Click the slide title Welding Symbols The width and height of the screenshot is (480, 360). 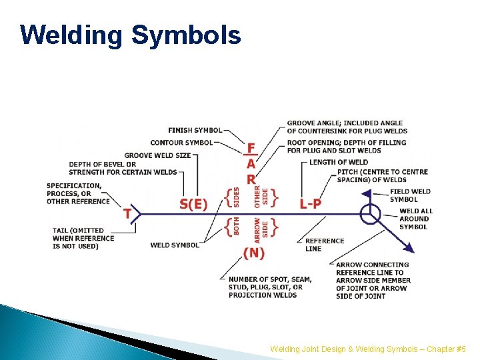point(130,35)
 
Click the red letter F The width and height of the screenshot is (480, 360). point(251,148)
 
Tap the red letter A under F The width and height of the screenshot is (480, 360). point(251,164)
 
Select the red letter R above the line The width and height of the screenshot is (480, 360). point(251,179)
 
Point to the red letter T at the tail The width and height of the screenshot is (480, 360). point(127,214)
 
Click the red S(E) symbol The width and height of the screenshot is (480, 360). point(194,204)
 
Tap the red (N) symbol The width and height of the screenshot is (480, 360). point(253,253)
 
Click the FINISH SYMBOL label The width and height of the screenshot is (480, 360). point(195,130)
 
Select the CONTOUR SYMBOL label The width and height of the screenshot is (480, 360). point(181,143)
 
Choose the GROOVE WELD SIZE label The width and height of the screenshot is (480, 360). point(157,155)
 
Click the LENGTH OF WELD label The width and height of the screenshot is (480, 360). point(338,162)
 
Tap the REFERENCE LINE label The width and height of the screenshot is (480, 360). point(325,245)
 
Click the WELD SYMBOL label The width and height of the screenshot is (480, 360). point(175,245)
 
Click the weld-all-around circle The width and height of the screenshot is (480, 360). point(370,214)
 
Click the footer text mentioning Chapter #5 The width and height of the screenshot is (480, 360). point(368,349)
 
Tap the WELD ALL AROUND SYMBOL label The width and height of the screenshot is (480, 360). point(415,219)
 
